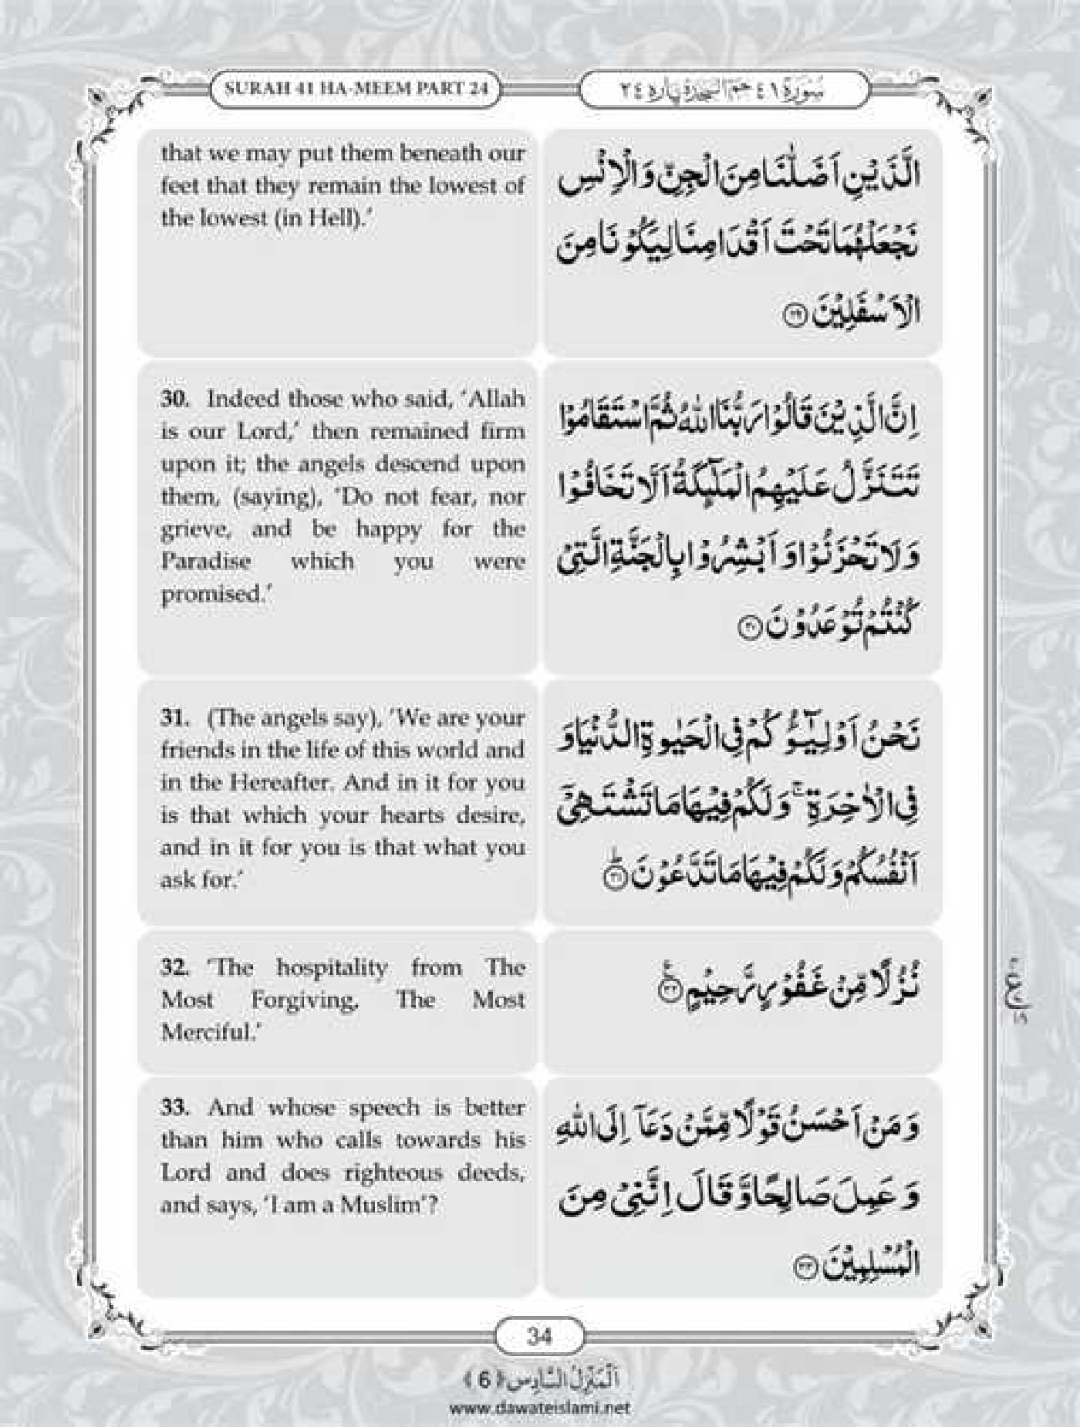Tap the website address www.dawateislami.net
(539, 1406)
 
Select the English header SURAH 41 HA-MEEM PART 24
(356, 87)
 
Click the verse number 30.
(175, 399)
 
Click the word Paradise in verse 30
(206, 561)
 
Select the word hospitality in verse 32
(332, 967)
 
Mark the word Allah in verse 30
(497, 399)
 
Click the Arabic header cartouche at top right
(723, 88)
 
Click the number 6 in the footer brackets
(483, 1380)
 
